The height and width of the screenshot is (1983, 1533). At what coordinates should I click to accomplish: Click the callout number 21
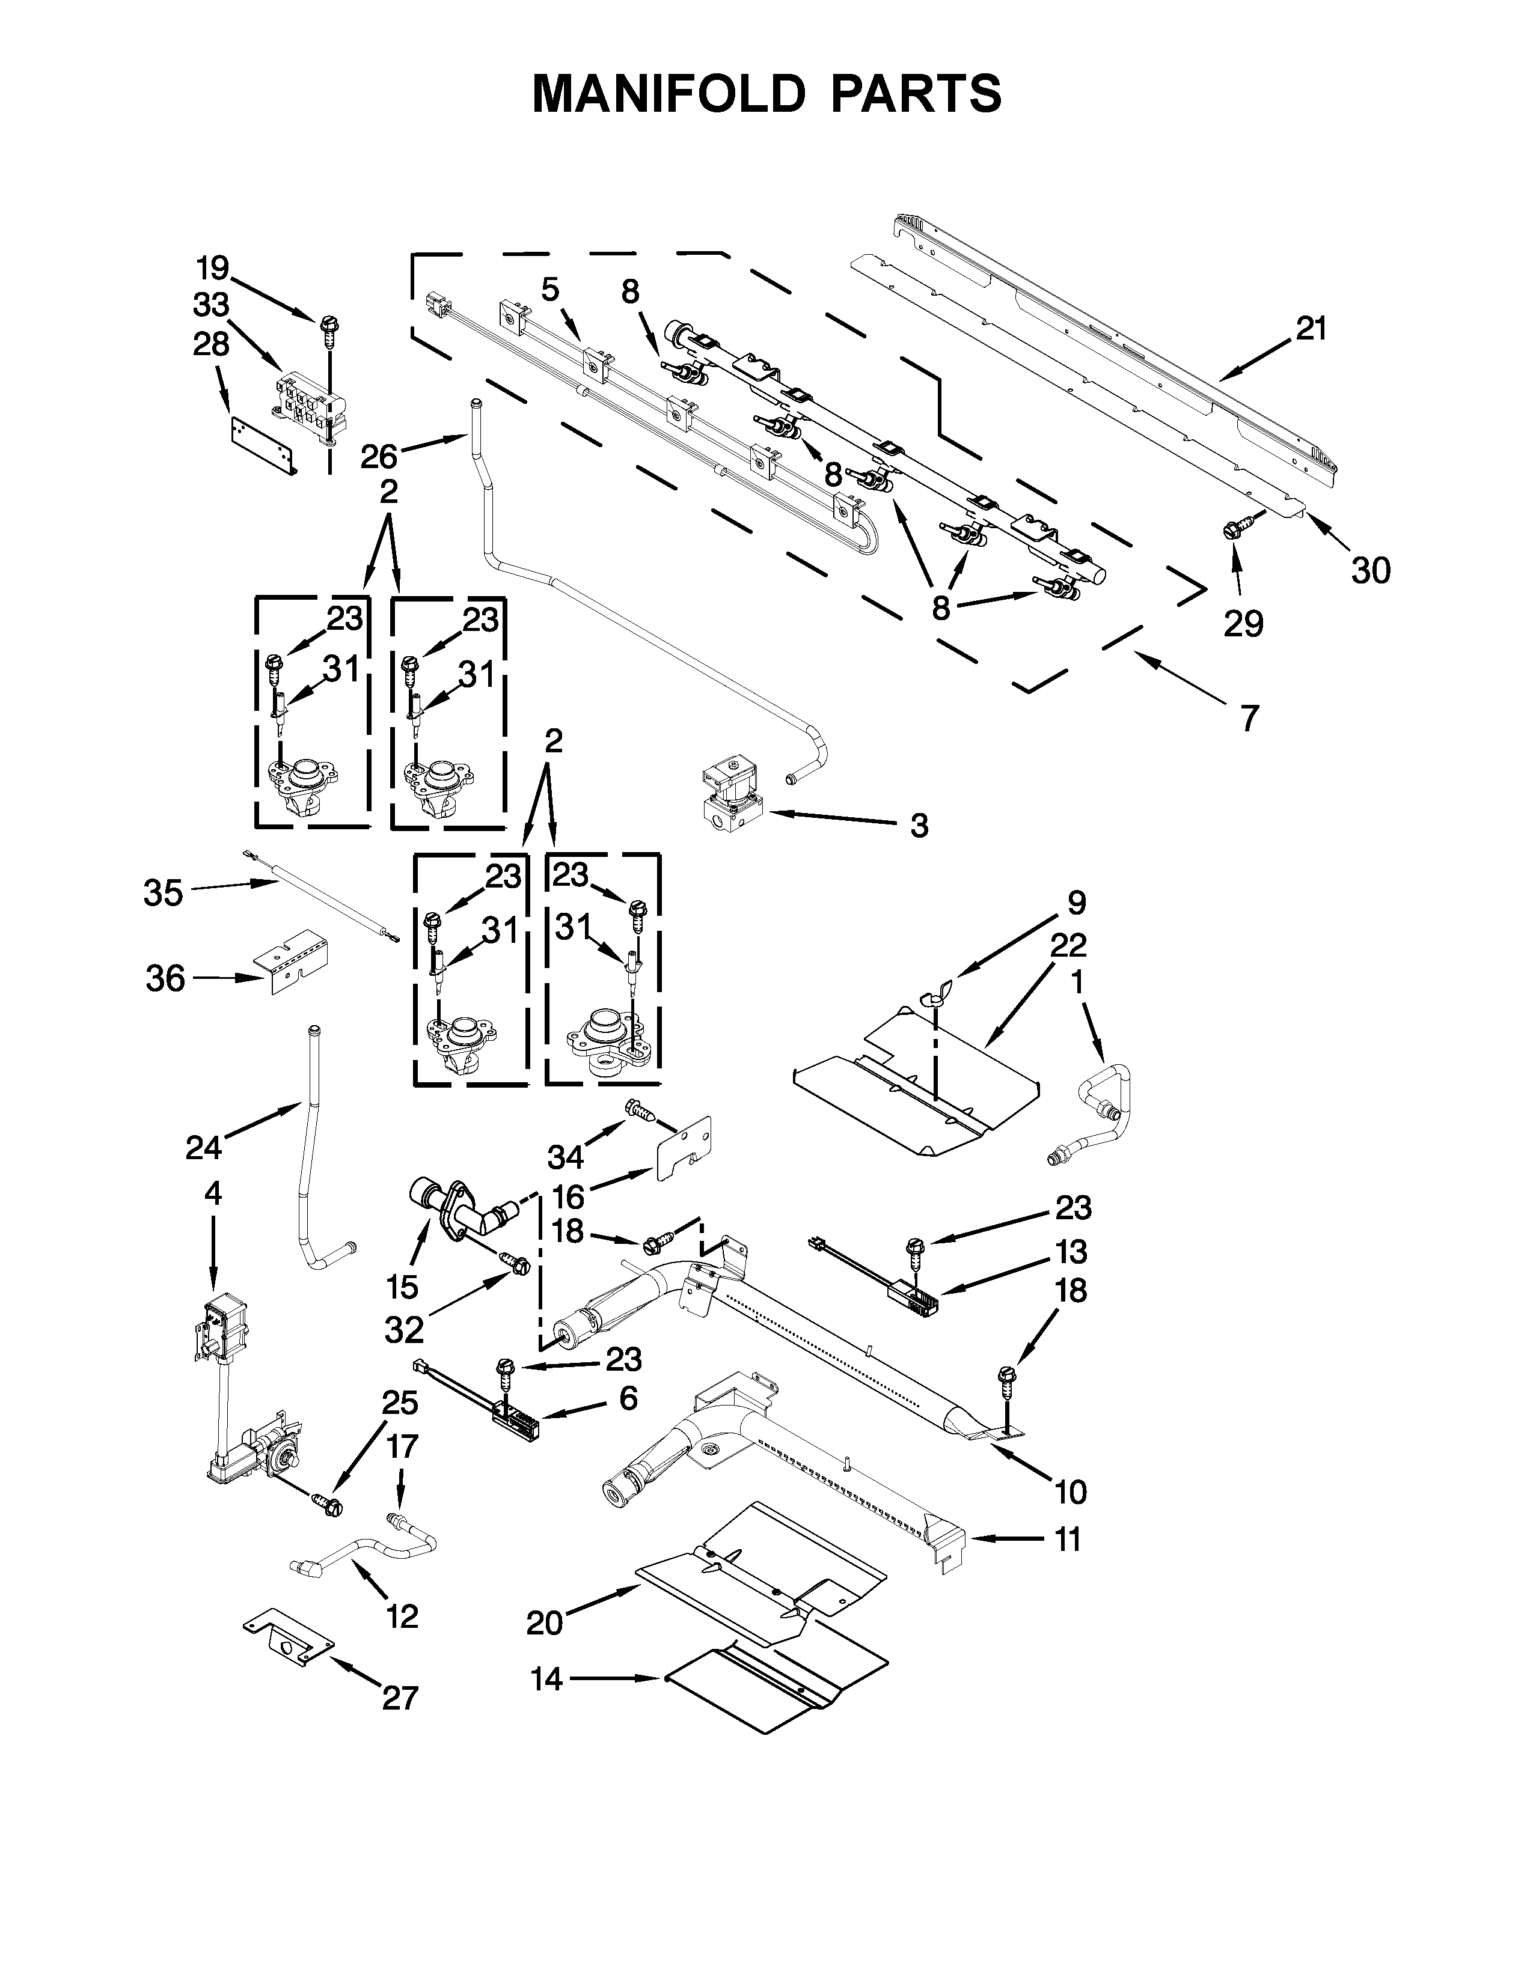(x=1311, y=329)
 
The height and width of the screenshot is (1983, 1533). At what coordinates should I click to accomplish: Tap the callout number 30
(x=1371, y=571)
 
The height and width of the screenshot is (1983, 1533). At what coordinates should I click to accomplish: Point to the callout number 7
(x=1250, y=718)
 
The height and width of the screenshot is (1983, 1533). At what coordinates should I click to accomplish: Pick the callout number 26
(x=379, y=456)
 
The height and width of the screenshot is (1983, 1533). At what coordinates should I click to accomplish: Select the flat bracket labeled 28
(x=263, y=446)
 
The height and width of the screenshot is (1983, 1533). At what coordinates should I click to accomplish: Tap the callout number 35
(x=164, y=894)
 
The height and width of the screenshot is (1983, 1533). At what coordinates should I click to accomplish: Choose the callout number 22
(x=1068, y=946)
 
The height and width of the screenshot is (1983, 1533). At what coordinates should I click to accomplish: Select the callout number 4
(x=212, y=1193)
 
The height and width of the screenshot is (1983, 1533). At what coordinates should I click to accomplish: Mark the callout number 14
(x=546, y=1680)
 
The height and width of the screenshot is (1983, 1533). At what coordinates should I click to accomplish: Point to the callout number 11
(x=1068, y=1540)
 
